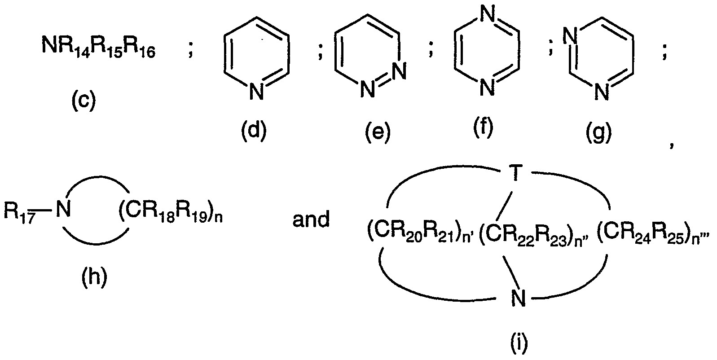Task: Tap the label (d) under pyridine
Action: [254, 131]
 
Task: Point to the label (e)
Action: [378, 132]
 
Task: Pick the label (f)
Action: [484, 127]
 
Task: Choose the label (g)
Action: [599, 132]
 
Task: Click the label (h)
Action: [94, 277]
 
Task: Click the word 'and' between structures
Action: [311, 219]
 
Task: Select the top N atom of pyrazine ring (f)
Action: [488, 14]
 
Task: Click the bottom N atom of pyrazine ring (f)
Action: [488, 87]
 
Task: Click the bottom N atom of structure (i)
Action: [518, 298]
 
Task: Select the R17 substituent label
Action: [19, 212]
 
